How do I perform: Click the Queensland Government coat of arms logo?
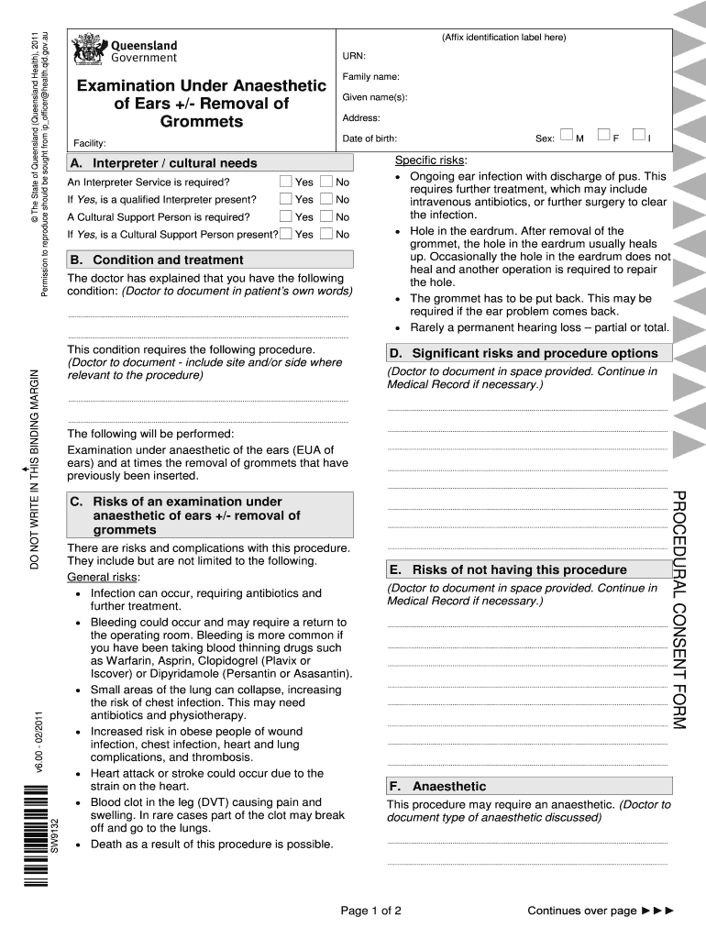(x=89, y=49)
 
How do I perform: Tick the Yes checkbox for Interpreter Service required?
(x=286, y=182)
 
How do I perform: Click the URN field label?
(x=353, y=57)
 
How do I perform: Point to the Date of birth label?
(x=370, y=138)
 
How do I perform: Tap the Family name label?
(x=370, y=77)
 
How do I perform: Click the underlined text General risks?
(x=103, y=577)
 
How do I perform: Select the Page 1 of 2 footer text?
(x=370, y=911)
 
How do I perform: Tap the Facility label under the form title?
(x=89, y=144)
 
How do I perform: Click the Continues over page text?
(x=581, y=911)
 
